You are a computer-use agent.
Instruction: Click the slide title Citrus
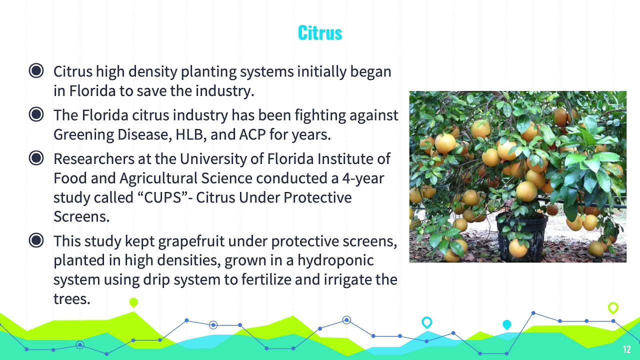320,33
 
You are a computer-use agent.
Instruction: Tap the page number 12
627,349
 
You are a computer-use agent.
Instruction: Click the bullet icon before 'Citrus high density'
36,71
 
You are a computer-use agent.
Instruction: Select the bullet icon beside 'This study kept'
36,241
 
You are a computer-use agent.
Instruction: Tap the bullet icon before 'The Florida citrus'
36,114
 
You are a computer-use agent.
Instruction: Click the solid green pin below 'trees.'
133,302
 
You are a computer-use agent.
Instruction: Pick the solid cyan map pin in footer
506,325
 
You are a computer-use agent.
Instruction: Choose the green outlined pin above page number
613,307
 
